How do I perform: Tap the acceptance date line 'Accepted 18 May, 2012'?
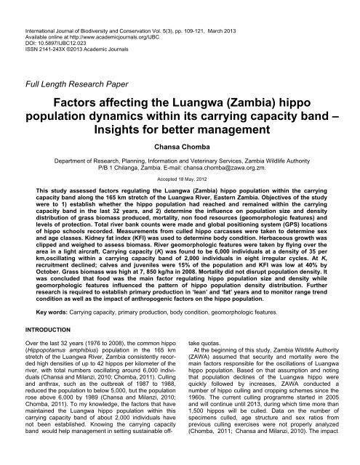pyautogui.click(x=180, y=195)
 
